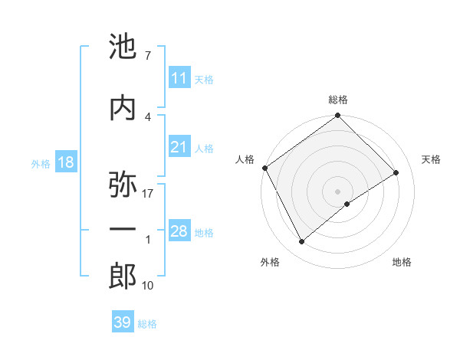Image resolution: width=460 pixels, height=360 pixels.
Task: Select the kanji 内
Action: pyautogui.click(x=123, y=107)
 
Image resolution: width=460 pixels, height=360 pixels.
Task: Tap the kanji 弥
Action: pyautogui.click(x=123, y=185)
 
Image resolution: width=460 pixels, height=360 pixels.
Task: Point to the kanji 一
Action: pyautogui.click(x=123, y=230)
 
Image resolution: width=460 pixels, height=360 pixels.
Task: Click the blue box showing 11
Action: pyautogui.click(x=179, y=78)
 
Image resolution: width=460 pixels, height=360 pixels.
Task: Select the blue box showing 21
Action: pyautogui.click(x=179, y=148)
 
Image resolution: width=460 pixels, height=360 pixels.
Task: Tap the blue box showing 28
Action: pyautogui.click(x=179, y=232)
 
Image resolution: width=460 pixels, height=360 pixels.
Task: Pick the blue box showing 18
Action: pyautogui.click(x=65, y=163)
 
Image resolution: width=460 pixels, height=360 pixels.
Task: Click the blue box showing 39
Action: pyautogui.click(x=122, y=322)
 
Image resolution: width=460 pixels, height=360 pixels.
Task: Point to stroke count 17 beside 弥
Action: pyautogui.click(x=148, y=193)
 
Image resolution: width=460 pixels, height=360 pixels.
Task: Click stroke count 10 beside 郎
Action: pyautogui.click(x=148, y=286)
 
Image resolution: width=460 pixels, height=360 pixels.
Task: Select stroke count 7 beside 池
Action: pyautogui.click(x=148, y=56)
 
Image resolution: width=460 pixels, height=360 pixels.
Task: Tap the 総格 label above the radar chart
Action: pyautogui.click(x=338, y=100)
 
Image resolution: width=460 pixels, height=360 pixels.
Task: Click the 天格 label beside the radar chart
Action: pyautogui.click(x=432, y=159)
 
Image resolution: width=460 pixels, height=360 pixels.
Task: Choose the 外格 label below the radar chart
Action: pyautogui.click(x=270, y=262)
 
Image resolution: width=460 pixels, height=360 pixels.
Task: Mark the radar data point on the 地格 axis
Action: pyautogui.click(x=347, y=204)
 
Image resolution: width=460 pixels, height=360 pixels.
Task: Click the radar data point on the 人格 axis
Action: pyautogui.click(x=264, y=168)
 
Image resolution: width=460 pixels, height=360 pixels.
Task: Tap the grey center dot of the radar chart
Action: pyautogui.click(x=337, y=190)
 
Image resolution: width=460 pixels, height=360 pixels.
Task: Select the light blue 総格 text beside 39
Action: pyautogui.click(x=147, y=324)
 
